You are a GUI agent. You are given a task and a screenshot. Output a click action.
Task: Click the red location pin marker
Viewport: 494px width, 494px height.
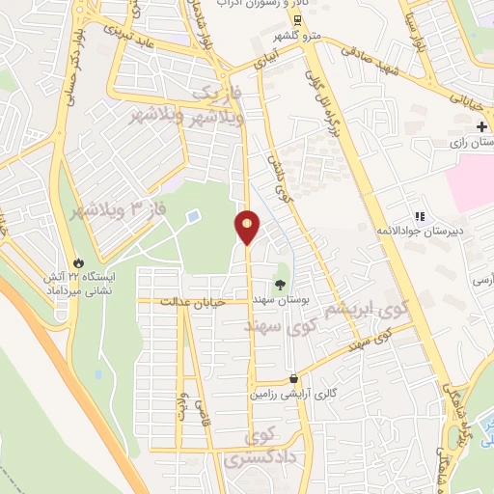click(247, 228)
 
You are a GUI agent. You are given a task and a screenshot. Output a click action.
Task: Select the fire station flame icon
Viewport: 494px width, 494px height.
click(78, 262)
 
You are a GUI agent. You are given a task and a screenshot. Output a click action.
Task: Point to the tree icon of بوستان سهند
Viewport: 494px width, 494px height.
click(280, 285)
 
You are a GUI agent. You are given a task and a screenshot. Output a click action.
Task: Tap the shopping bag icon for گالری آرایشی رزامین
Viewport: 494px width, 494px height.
click(292, 379)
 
